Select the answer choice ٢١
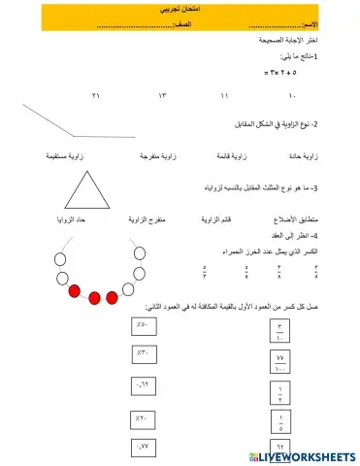click(95, 97)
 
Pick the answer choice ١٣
click(163, 97)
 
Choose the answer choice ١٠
click(292, 97)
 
